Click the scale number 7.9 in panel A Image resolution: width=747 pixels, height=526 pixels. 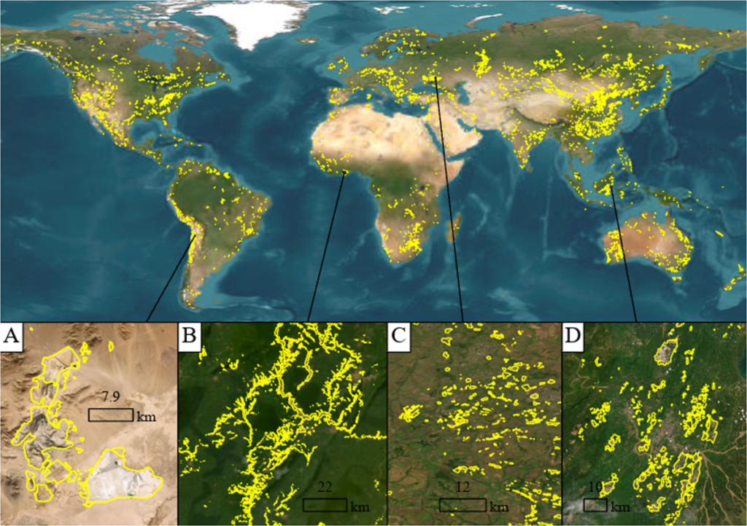click(x=110, y=397)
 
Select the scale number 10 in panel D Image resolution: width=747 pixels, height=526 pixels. click(x=595, y=487)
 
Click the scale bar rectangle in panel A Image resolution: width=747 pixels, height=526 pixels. click(x=110, y=415)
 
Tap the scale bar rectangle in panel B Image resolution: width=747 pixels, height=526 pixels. click(x=324, y=504)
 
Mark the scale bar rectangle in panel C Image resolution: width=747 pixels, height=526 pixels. click(x=462, y=504)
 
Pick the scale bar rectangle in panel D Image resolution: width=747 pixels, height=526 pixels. click(x=595, y=504)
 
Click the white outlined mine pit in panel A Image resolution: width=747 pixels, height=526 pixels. click(x=120, y=477)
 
